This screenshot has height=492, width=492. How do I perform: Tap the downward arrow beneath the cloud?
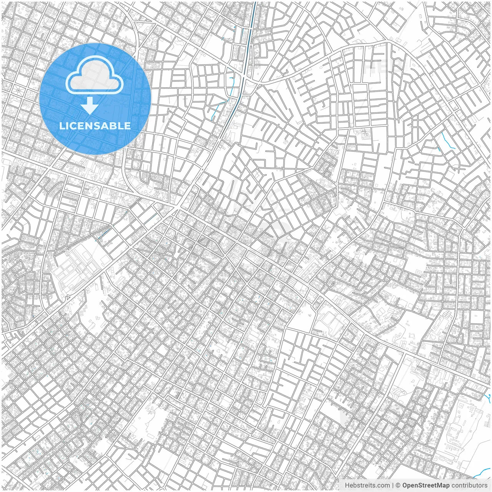point(90,106)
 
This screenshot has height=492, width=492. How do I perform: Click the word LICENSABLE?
point(95,126)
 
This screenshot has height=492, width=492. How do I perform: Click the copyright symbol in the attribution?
point(398,485)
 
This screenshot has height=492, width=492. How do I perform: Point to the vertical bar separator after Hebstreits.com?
point(393,485)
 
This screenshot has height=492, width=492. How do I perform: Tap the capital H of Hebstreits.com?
point(347,485)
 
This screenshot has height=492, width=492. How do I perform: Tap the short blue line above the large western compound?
point(104,234)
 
